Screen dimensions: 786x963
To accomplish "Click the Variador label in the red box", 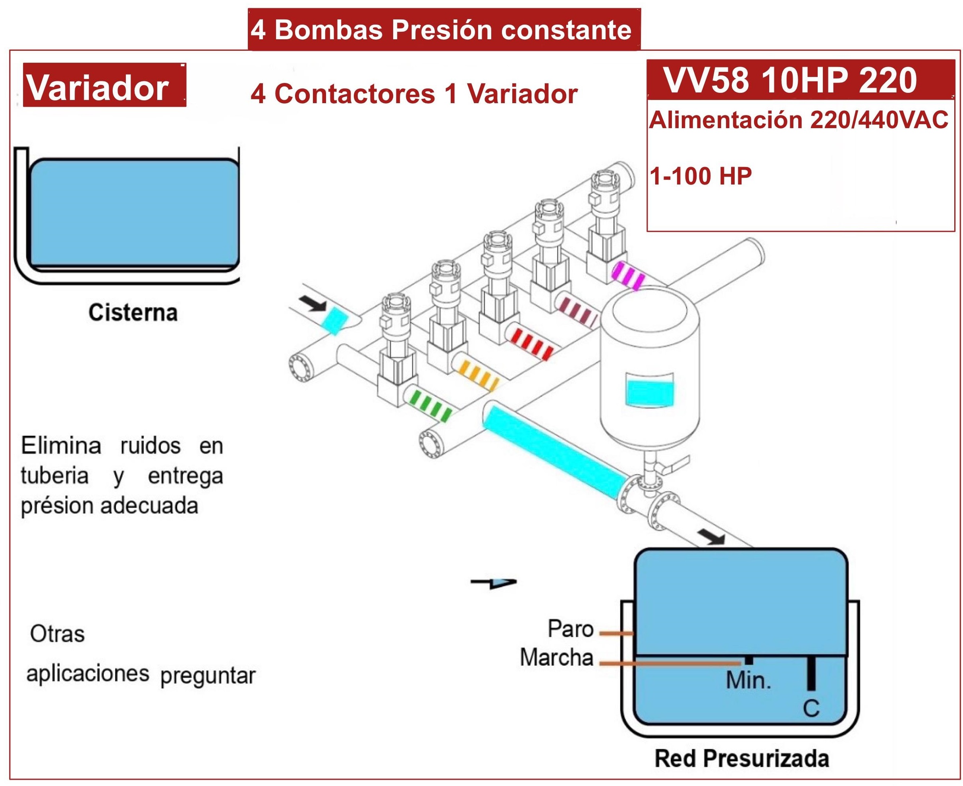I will (98, 87).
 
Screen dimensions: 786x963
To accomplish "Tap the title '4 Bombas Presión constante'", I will (441, 30).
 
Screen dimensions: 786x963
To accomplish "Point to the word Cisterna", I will (133, 312).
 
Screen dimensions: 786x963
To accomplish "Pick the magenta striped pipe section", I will (628, 275).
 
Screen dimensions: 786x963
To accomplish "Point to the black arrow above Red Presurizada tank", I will (712, 538).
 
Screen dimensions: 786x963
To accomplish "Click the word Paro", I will (570, 629).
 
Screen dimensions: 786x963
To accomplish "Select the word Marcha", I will (556, 657).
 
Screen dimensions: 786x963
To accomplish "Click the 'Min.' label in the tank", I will (748, 680).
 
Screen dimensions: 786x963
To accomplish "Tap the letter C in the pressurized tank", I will (811, 709).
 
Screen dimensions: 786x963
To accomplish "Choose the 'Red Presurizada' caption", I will (742, 759).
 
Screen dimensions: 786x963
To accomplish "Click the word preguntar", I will (208, 676).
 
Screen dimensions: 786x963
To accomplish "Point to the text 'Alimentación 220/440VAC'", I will (799, 121).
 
